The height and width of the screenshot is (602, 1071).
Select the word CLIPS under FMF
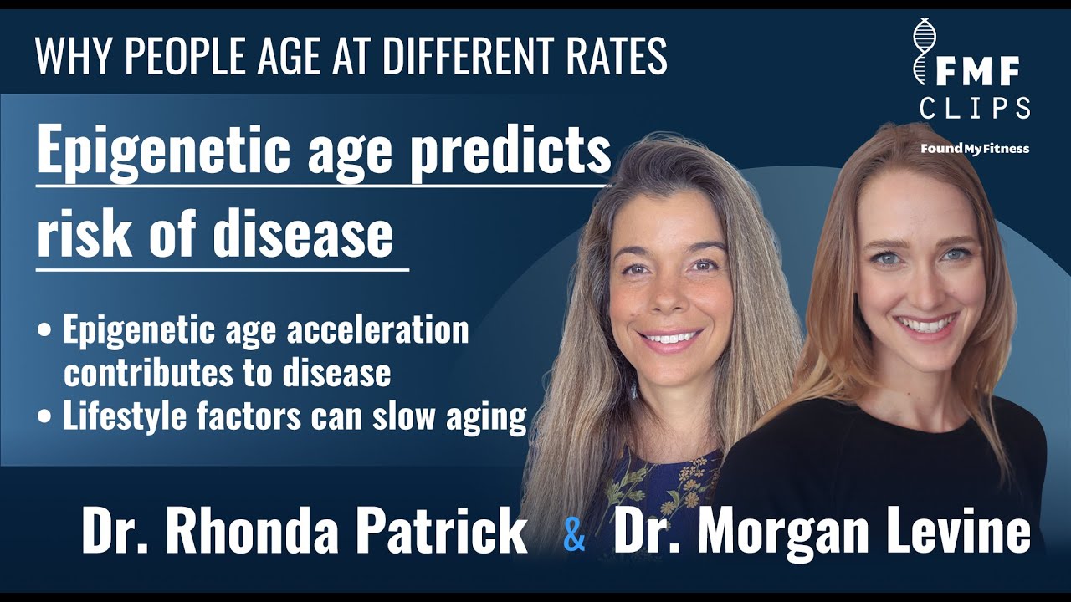pyautogui.click(x=975, y=108)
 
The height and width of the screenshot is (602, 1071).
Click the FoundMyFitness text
pyautogui.click(x=975, y=149)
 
